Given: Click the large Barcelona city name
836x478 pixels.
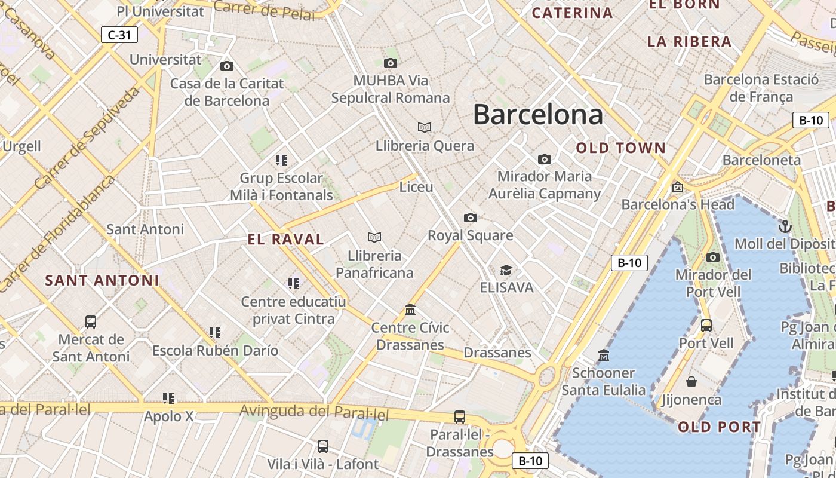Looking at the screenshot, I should [x=537, y=114].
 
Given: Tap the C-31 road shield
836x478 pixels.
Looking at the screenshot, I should [x=119, y=35].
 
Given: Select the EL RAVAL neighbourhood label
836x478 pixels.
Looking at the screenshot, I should [x=285, y=240].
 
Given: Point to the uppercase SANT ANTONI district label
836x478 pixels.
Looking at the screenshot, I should [x=102, y=280].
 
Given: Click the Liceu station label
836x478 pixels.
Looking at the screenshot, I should [x=416, y=187].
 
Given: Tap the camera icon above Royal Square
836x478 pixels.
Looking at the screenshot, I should [x=471, y=217].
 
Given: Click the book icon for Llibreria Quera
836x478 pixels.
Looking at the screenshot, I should [x=425, y=127].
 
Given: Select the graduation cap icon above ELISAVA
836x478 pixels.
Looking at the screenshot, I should [x=506, y=270].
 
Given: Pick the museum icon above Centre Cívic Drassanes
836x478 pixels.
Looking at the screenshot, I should [x=410, y=310].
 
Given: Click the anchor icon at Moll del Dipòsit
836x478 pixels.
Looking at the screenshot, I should [x=785, y=226].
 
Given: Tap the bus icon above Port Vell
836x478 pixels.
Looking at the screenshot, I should [x=706, y=326].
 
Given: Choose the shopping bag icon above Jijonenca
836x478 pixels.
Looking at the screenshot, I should [x=691, y=382].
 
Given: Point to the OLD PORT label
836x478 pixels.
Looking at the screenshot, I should [x=720, y=427].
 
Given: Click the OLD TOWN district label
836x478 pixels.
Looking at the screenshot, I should [x=620, y=148].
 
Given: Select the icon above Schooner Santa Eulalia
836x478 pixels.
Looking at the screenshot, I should [x=604, y=356].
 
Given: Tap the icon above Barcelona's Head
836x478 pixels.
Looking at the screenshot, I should [x=678, y=187].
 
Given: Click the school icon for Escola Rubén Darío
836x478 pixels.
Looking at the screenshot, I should [x=215, y=332].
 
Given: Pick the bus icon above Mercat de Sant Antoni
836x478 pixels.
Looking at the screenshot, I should [x=91, y=322].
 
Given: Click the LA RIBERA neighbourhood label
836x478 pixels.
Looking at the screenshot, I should [x=689, y=41].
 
